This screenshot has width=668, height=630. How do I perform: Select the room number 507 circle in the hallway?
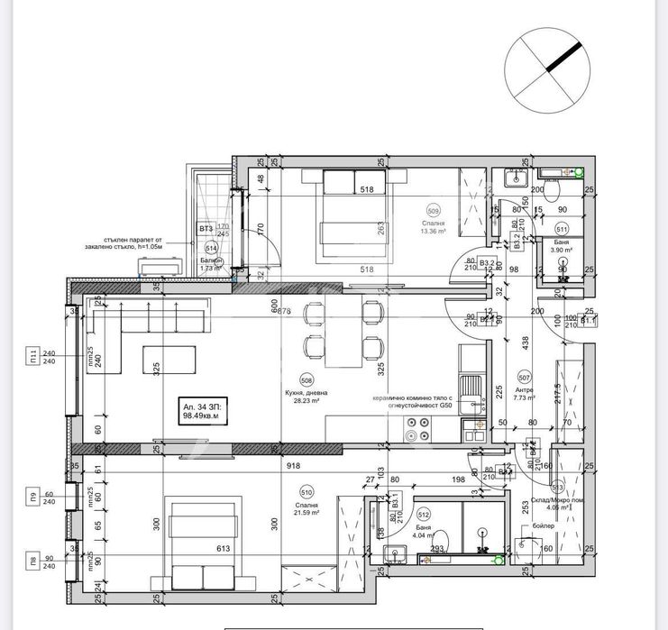click(x=524, y=379)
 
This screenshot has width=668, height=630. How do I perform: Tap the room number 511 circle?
click(x=562, y=229)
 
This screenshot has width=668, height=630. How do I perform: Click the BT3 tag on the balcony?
click(x=206, y=230)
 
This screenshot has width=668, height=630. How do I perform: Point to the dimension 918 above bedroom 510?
click(x=293, y=467)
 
